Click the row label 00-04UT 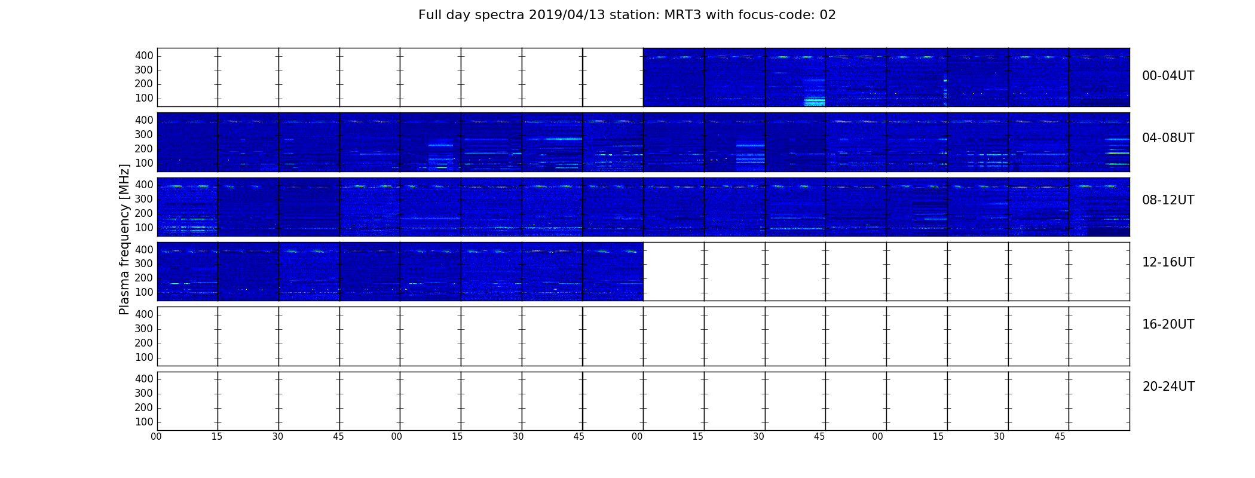coord(1168,76)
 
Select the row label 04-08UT coord(1168,138)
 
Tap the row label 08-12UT coord(1168,200)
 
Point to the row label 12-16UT coord(1168,262)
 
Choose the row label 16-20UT coord(1168,324)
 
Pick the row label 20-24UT coord(1168,387)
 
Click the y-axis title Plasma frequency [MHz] coord(124,239)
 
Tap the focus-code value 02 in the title coord(828,15)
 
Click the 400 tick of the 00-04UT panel coord(144,56)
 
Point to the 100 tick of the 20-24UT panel coord(144,422)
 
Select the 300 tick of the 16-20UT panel coord(144,329)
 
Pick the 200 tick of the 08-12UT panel coord(144,214)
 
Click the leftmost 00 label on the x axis coord(156,437)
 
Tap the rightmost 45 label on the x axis coord(1060,437)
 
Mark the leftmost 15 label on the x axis coord(217,437)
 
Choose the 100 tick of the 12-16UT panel coord(144,293)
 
